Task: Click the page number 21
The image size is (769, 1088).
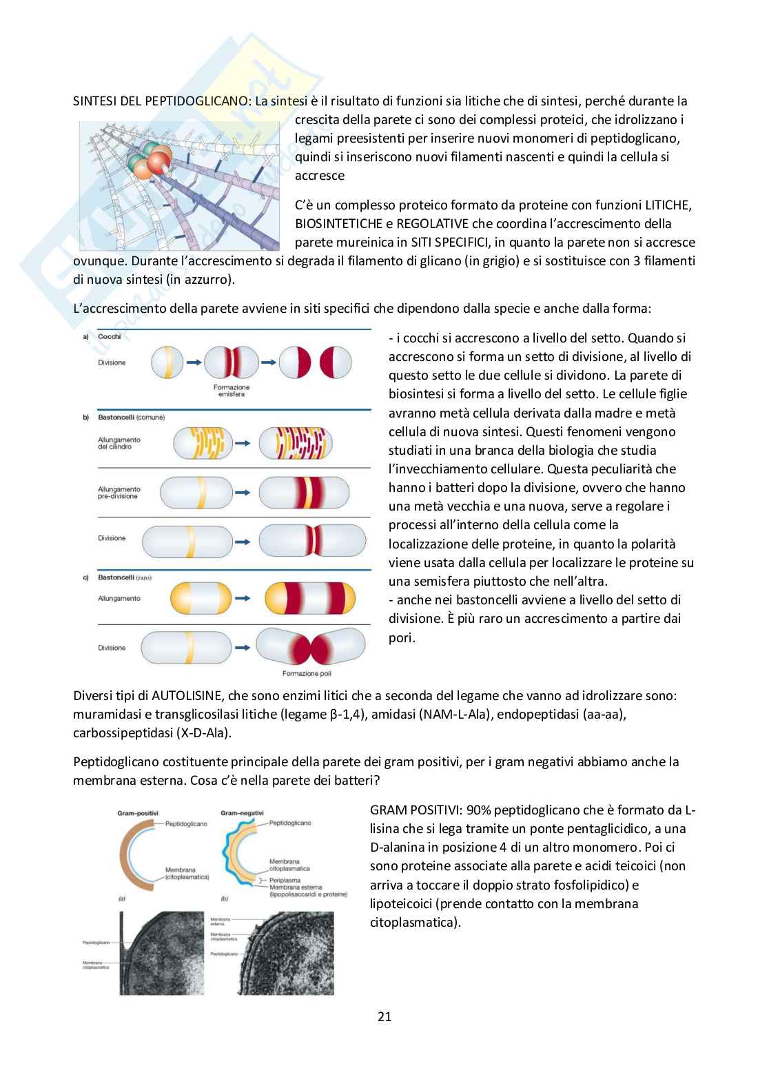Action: (x=384, y=1016)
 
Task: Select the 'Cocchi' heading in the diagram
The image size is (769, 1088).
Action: (x=110, y=336)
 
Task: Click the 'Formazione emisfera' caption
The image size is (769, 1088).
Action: (x=232, y=391)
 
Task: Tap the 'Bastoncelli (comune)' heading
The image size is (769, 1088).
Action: (x=132, y=418)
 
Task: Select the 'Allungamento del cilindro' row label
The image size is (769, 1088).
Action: (x=119, y=443)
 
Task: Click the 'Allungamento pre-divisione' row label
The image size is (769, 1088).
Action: (x=119, y=492)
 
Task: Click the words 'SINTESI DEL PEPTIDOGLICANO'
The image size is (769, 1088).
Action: (x=162, y=101)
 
